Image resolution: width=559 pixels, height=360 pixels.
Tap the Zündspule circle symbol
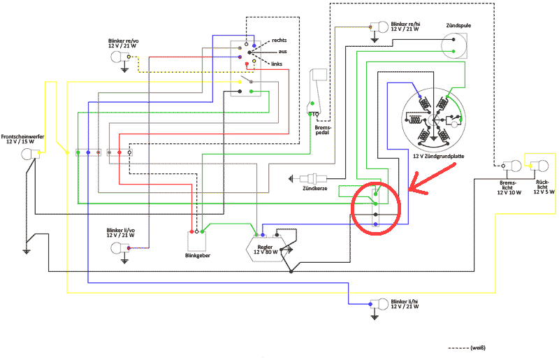click(x=454, y=45)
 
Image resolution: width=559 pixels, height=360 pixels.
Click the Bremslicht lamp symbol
click(x=511, y=166)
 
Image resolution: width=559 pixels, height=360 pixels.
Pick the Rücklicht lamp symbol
click(x=539, y=166)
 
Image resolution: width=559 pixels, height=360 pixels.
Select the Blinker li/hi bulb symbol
click(x=381, y=304)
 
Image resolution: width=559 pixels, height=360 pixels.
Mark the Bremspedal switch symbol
click(x=318, y=94)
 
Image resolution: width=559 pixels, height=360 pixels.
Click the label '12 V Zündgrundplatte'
click(x=438, y=157)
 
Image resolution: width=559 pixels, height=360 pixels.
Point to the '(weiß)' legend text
click(x=478, y=347)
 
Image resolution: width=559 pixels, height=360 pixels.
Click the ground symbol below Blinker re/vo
click(x=124, y=70)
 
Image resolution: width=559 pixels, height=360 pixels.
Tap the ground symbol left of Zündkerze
click(x=294, y=178)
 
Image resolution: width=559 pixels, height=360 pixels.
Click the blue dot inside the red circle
click(x=376, y=224)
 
